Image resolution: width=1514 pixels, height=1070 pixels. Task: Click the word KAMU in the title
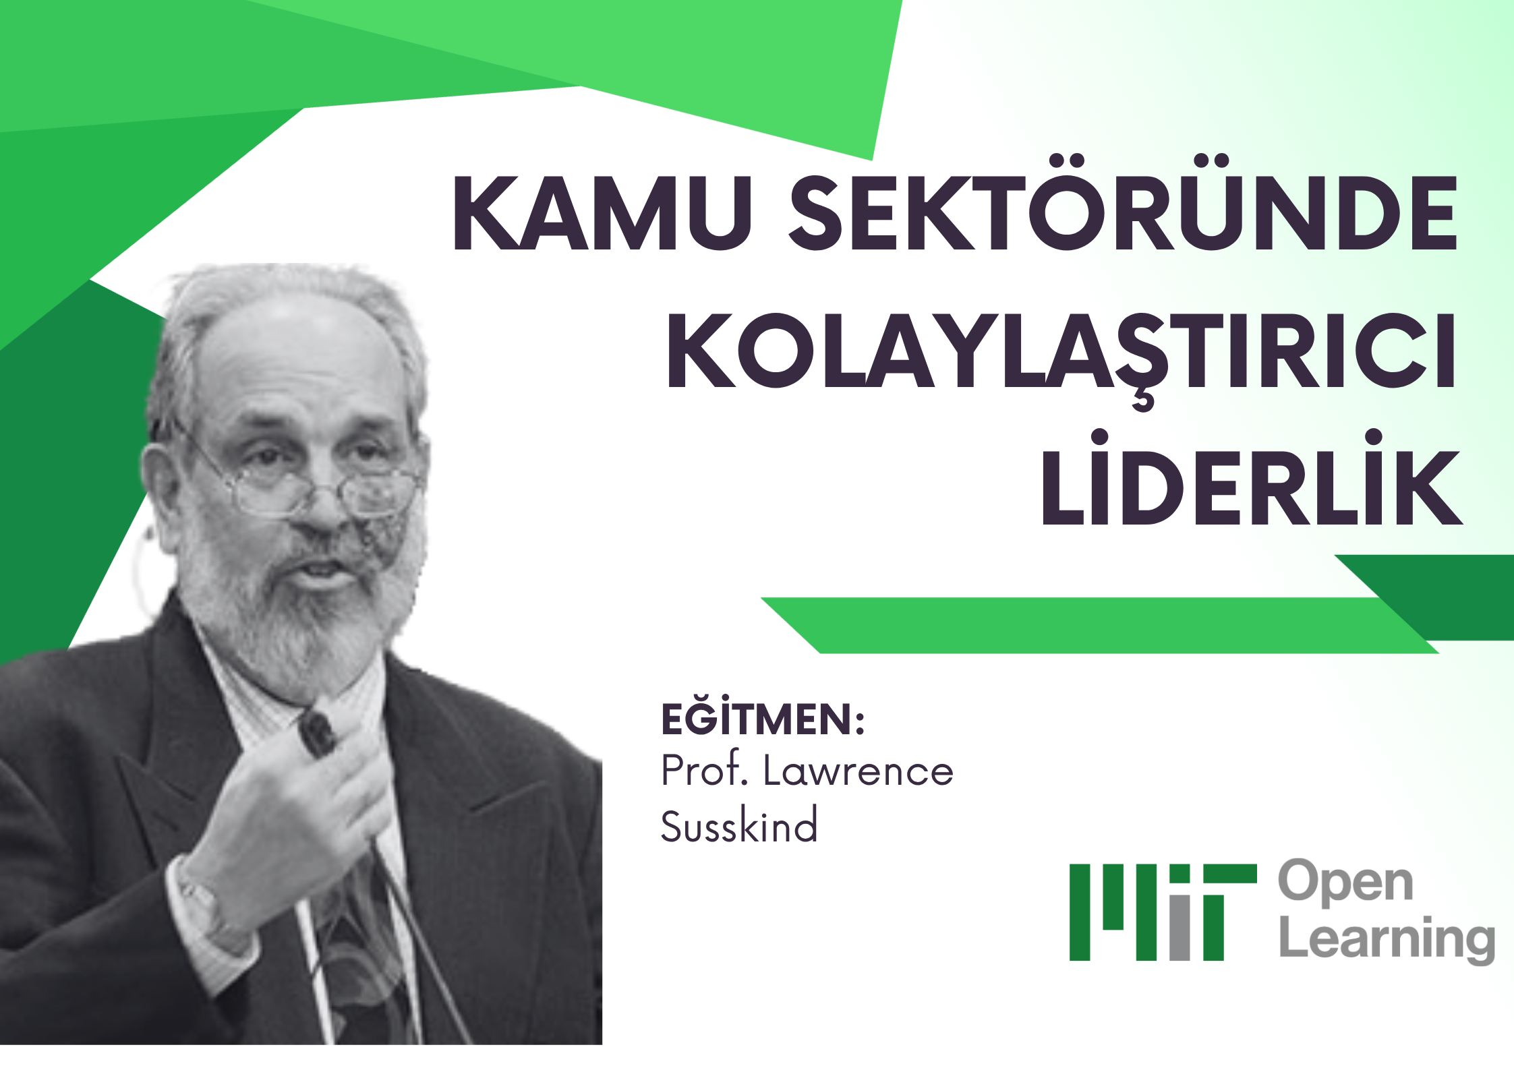(x=602, y=212)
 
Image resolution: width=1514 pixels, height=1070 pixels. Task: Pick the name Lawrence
(x=858, y=771)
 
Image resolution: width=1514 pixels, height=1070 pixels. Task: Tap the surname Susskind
(x=739, y=824)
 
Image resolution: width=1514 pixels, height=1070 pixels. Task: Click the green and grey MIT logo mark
(x=1163, y=912)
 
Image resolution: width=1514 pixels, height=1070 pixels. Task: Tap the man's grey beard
(x=297, y=607)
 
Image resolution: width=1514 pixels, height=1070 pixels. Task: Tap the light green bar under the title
(x=1099, y=625)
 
